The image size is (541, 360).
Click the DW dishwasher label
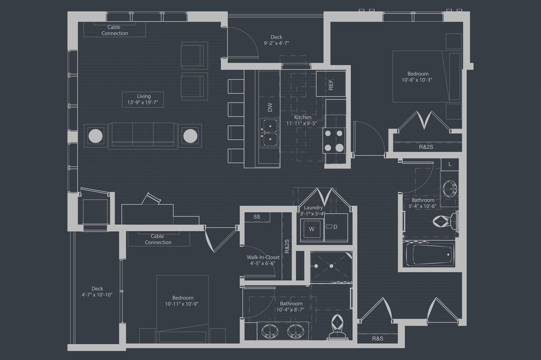[270, 107]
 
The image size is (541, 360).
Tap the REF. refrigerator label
[331, 84]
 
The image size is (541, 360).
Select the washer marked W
[311, 229]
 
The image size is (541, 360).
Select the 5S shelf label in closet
[257, 217]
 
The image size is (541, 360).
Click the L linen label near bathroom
[450, 165]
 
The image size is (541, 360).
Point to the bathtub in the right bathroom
[431, 255]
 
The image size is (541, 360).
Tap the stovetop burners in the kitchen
[334, 140]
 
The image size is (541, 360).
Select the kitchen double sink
[269, 132]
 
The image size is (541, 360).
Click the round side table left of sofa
[96, 136]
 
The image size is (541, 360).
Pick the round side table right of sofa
[190, 136]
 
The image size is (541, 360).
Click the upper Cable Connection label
[115, 30]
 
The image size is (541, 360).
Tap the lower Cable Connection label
[158, 240]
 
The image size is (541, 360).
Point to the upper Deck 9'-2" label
[276, 40]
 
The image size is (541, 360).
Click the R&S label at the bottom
[377, 338]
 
